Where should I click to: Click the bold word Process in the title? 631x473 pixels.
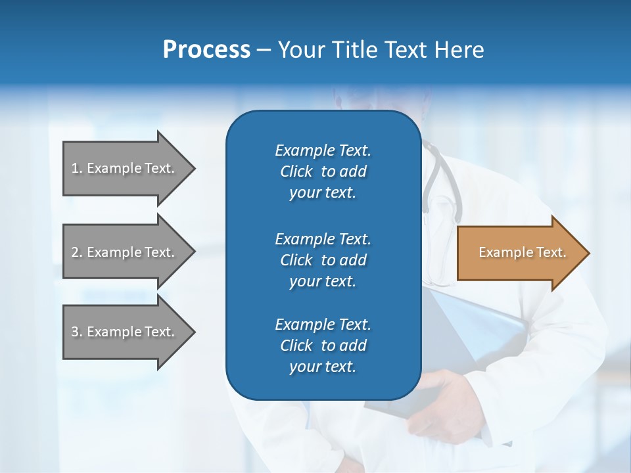206,50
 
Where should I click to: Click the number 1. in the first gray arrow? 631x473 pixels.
77,168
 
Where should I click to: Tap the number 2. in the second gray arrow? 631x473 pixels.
77,252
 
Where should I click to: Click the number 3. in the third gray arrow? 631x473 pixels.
77,332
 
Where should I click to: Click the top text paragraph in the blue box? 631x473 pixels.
323,171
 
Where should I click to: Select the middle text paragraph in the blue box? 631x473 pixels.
323,259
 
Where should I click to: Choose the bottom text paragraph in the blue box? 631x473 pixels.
323,346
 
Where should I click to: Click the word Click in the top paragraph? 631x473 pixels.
296,171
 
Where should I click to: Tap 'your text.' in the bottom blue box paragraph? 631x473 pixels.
323,367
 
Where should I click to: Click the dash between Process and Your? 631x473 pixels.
264,50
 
